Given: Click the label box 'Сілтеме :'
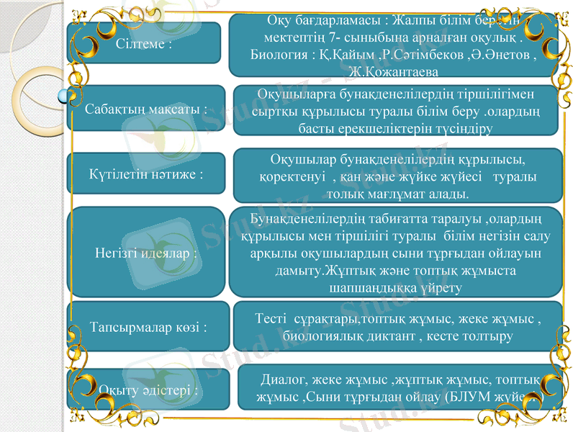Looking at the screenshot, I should coord(144,43).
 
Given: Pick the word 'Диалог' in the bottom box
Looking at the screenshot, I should coord(286,379).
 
